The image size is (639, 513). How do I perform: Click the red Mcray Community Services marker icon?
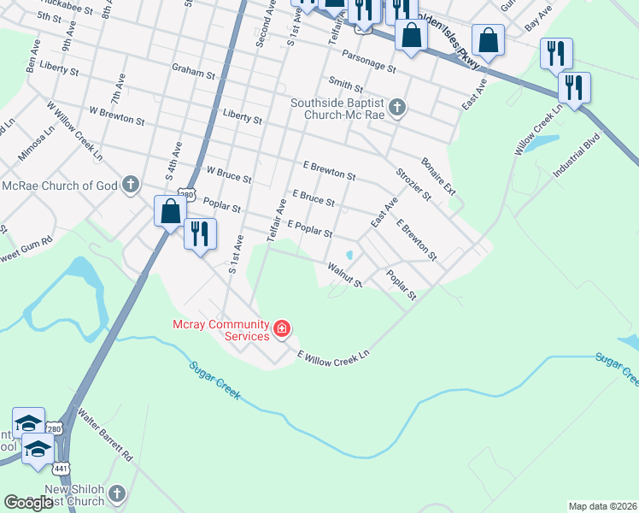click(281, 328)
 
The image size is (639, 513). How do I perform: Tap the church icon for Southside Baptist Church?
click(396, 108)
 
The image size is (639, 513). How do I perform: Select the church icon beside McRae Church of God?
click(130, 185)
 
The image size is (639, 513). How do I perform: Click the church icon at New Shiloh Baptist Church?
click(117, 493)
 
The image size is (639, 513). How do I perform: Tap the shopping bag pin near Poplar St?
click(170, 211)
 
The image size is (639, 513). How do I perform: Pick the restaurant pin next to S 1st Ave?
click(200, 233)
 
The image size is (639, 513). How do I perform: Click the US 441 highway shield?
click(61, 469)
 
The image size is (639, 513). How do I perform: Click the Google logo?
click(27, 503)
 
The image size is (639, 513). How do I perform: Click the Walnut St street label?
click(346, 275)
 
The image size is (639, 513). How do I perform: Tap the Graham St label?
click(193, 74)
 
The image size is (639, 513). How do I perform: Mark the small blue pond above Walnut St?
click(349, 255)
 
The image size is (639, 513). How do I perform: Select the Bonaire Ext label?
click(438, 175)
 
